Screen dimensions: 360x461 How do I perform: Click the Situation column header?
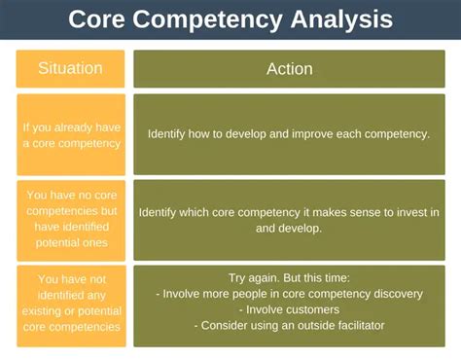70,69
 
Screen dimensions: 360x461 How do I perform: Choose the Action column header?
289,69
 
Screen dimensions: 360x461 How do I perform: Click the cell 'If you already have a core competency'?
70,134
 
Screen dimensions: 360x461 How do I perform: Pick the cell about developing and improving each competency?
289,134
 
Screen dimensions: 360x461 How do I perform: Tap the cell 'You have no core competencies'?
70,219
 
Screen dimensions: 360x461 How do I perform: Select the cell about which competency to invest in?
289,219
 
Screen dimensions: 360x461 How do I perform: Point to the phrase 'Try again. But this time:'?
289,278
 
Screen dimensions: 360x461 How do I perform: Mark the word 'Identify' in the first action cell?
169,134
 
